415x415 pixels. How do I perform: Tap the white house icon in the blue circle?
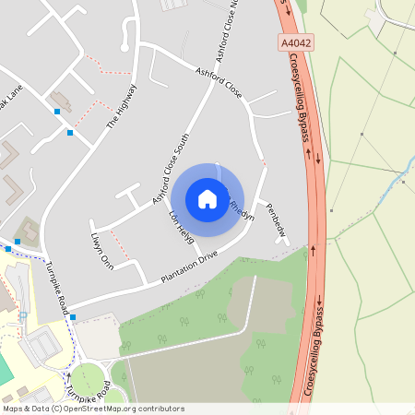click(207, 197)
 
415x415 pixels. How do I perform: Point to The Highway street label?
click(121, 105)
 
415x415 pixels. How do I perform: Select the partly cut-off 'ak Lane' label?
click(11, 97)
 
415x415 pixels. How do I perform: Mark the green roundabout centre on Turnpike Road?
click(88, 380)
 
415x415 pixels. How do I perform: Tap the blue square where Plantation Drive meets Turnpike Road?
click(73, 317)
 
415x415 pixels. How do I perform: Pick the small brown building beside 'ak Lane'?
click(61, 100)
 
